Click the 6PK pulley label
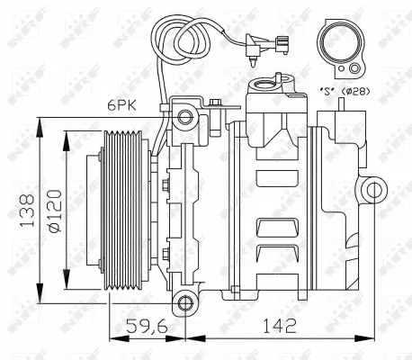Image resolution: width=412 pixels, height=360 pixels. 118,103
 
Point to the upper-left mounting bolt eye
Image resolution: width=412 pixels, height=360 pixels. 185,116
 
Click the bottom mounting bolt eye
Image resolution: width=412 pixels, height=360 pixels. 185,301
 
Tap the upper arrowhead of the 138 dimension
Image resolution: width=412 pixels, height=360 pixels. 39,123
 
